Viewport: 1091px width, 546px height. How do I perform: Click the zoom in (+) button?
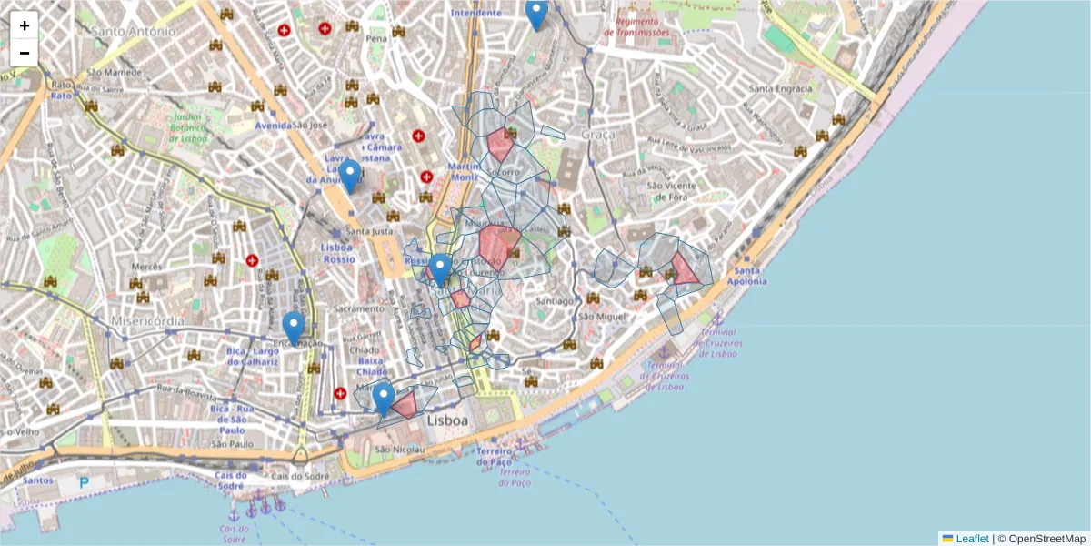(25, 25)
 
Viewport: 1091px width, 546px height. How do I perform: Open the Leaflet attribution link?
(971, 539)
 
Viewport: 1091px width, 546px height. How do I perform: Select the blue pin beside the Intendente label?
(536, 15)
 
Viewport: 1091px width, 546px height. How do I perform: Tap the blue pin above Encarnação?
(294, 327)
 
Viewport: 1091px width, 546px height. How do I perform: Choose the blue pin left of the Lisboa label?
(384, 398)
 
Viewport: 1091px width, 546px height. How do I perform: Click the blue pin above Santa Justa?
(350, 175)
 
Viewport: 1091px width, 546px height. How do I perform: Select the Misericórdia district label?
(146, 321)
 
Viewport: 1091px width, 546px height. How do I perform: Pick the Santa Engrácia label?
(780, 88)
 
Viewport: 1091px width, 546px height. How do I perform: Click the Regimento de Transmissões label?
(642, 26)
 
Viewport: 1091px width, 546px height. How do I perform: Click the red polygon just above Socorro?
(500, 145)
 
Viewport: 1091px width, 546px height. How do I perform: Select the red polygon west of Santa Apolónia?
(685, 269)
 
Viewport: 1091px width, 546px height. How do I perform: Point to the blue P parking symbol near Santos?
(85, 482)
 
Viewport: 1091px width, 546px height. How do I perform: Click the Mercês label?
(146, 267)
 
